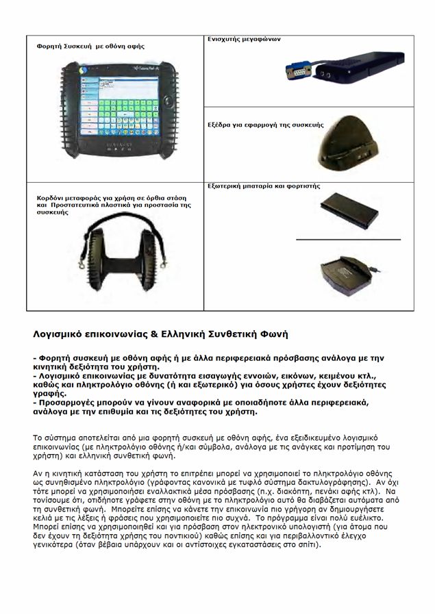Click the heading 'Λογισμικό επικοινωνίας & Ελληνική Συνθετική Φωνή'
tap(161, 335)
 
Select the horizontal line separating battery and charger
tap(348, 239)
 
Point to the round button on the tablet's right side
tap(166, 103)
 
